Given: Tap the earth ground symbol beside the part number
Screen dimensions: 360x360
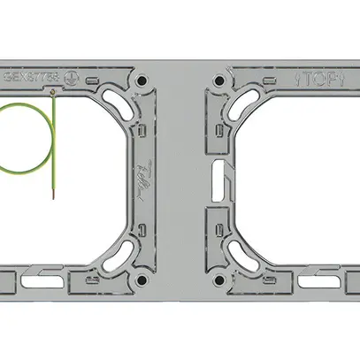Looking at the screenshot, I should click(x=66, y=77).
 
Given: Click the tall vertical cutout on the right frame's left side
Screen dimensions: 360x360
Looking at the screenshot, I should click(x=216, y=180).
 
